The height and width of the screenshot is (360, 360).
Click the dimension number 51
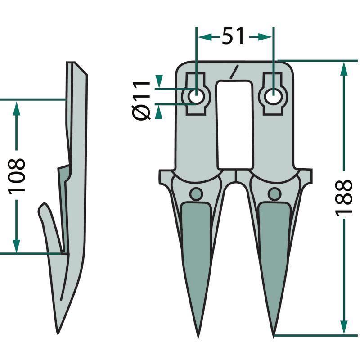point(233,36)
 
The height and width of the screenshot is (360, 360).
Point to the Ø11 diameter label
point(141,100)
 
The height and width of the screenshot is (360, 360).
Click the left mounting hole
point(196,96)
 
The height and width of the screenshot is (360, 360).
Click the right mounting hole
point(273,96)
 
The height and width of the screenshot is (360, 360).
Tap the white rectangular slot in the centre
point(235,125)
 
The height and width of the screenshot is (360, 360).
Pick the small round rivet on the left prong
point(196,194)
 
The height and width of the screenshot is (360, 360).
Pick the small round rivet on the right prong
point(274,194)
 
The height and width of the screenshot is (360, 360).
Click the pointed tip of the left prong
point(198,338)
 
